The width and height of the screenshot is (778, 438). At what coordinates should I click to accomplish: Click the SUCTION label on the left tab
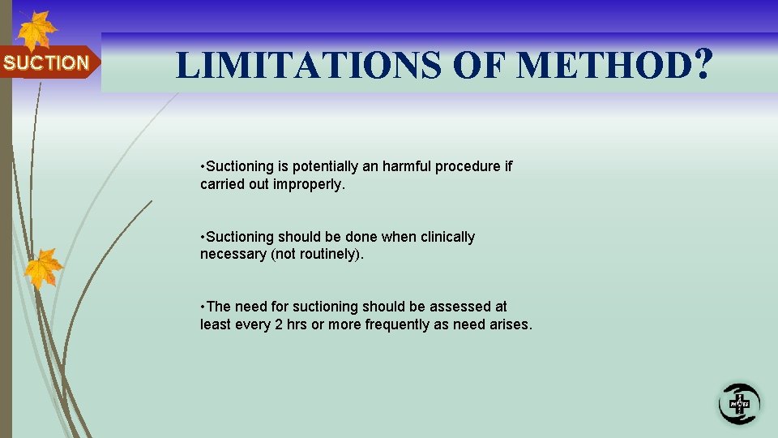click(x=46, y=62)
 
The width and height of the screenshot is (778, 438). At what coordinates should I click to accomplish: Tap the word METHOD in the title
click(x=603, y=65)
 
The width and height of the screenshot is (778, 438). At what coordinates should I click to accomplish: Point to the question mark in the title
click(x=703, y=63)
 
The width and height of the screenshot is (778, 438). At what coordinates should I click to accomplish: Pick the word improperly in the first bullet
click(x=310, y=184)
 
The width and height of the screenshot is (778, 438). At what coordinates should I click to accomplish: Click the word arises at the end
click(x=510, y=324)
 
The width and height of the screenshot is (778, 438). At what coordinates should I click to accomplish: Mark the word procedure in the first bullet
click(x=468, y=166)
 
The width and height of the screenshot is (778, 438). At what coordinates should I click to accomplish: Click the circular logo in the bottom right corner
click(x=739, y=403)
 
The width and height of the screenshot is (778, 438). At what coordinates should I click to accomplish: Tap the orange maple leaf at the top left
click(x=37, y=31)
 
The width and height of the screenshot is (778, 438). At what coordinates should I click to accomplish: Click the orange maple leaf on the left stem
click(x=43, y=267)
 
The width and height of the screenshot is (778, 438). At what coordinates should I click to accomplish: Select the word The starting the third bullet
click(x=219, y=307)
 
